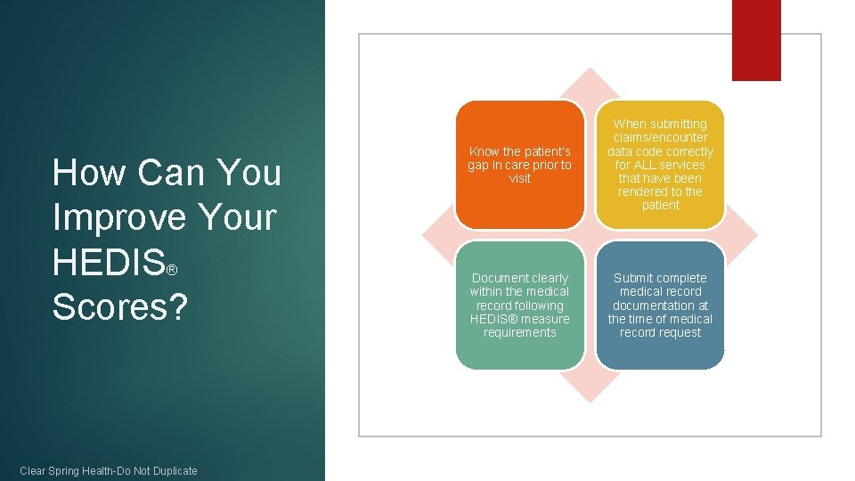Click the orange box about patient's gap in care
click(519, 165)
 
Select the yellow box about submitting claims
click(660, 165)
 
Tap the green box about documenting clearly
click(519, 306)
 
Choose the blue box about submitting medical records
click(660, 306)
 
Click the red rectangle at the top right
click(756, 39)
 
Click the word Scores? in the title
click(120, 306)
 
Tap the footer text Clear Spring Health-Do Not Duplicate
click(109, 470)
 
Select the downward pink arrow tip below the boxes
click(590, 391)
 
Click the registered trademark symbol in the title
click(173, 269)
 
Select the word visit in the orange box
click(519, 178)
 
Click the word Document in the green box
click(496, 278)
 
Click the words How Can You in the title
click(167, 173)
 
